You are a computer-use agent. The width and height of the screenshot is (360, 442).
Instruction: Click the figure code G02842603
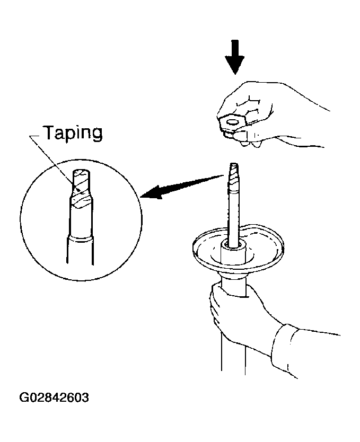pos(54,397)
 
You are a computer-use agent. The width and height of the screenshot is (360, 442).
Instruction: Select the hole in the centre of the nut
pos(233,122)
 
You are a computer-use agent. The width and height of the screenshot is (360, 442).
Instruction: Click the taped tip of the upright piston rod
pos(234,176)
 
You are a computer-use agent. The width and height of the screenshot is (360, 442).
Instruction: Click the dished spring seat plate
pos(238,248)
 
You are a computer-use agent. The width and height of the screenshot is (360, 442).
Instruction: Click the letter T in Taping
pos(50,132)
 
